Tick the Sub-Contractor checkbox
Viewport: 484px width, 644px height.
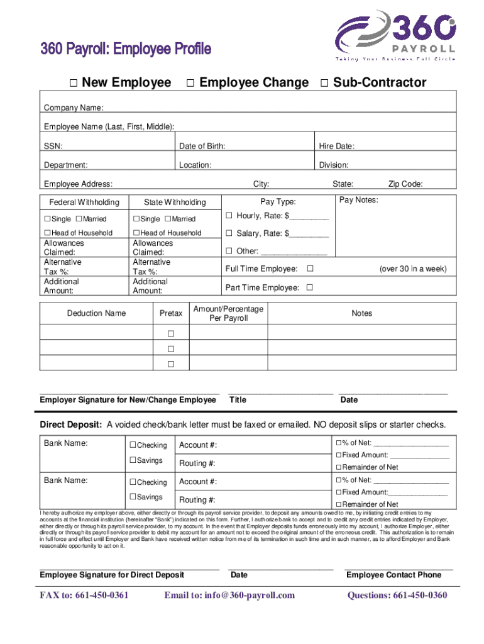pos(324,83)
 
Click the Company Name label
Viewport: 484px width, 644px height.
pos(74,108)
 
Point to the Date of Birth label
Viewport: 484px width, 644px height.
pos(202,147)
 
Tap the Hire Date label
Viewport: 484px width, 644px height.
pos(336,147)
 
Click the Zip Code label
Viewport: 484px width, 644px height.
pos(405,184)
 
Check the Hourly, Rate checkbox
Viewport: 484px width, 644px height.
pos(229,216)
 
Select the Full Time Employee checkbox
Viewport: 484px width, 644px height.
pos(309,269)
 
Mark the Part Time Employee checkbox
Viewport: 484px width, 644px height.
pos(309,287)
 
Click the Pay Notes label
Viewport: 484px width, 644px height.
pos(358,200)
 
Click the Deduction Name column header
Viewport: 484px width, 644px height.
pos(96,313)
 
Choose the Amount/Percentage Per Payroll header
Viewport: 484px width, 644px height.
pos(228,313)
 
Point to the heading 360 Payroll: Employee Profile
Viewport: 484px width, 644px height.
pos(126,49)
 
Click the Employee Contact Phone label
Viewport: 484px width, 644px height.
pos(393,575)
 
